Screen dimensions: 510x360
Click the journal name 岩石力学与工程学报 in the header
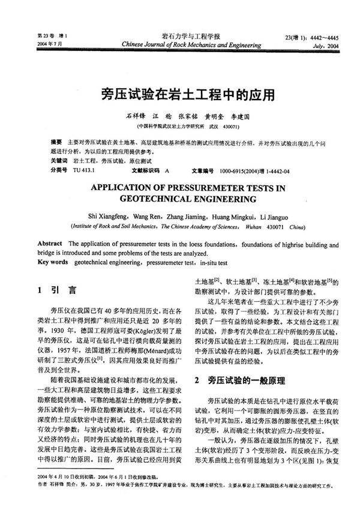pos(179,35)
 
